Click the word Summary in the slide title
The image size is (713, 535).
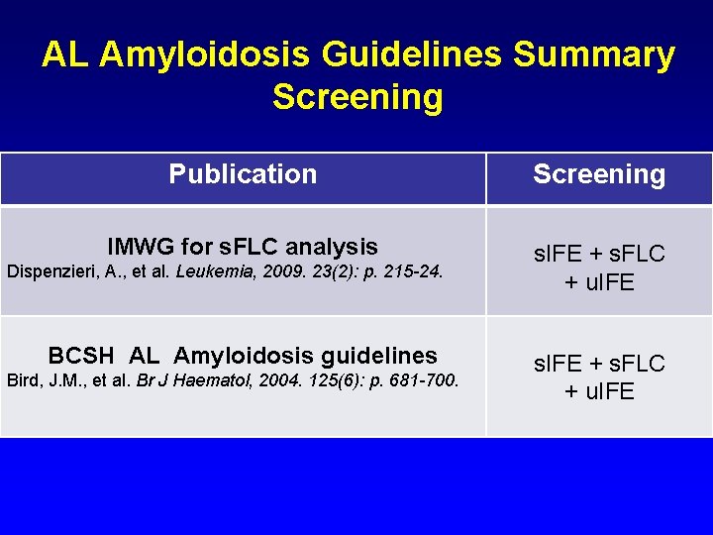[593, 55]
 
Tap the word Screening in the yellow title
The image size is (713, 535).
[356, 98]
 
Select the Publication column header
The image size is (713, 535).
[243, 174]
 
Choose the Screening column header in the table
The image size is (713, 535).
[599, 175]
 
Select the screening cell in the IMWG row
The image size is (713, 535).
[599, 268]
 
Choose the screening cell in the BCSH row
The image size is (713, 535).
[599, 376]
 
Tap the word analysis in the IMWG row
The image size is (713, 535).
[332, 247]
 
